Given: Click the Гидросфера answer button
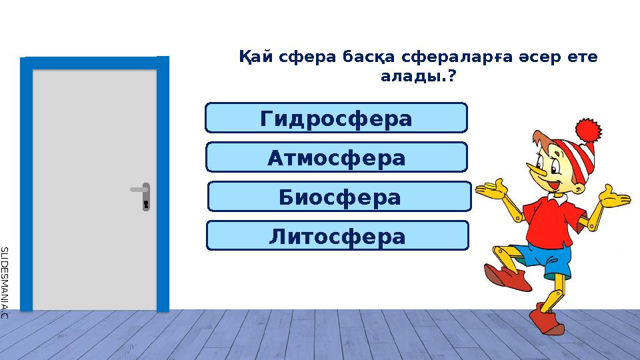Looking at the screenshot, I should coord(336,118).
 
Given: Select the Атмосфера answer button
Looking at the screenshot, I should coord(336,157).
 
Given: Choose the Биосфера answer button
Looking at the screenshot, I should coord(339,197).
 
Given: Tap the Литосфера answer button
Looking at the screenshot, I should coord(337,236).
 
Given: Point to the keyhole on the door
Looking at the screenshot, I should coord(145,203).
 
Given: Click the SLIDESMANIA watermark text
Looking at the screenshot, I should coord(4,280).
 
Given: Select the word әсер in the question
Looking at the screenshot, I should coord(538,58).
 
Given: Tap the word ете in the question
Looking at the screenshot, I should coord(583,58).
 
